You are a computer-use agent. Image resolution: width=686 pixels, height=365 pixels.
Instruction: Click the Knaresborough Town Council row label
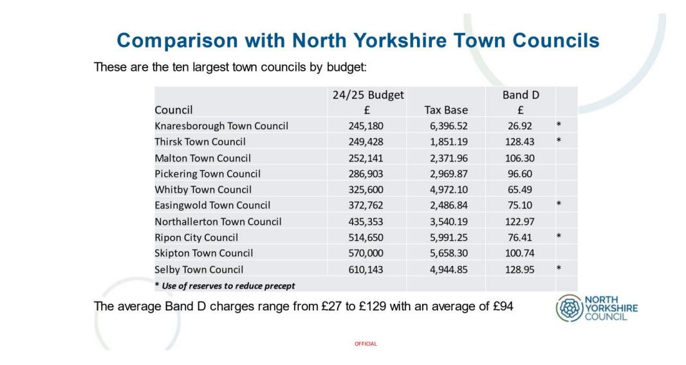pyautogui.click(x=221, y=126)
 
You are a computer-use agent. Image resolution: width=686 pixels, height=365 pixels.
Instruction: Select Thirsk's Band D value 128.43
pyautogui.click(x=520, y=141)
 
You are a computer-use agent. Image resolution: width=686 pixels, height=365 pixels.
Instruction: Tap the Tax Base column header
pyautogui.click(x=446, y=110)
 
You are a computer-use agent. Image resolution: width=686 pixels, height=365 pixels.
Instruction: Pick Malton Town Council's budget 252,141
pyautogui.click(x=366, y=158)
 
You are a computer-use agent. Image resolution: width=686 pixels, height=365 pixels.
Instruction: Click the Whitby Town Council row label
pyautogui.click(x=203, y=190)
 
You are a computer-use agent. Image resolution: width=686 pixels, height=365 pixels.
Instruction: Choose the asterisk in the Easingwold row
pyautogui.click(x=559, y=205)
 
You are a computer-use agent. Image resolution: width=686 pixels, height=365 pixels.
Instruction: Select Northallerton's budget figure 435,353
pyautogui.click(x=366, y=222)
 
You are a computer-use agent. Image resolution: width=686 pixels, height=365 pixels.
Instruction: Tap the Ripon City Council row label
pyautogui.click(x=196, y=237)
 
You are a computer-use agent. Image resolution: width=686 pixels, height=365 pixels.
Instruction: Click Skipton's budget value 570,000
pyautogui.click(x=366, y=253)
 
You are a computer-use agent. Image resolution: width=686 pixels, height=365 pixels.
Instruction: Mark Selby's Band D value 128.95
pyautogui.click(x=520, y=270)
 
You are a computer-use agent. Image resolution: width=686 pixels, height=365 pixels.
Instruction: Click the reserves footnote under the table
pyautogui.click(x=225, y=285)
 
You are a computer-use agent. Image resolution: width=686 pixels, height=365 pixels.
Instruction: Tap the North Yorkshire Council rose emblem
pyautogui.click(x=568, y=308)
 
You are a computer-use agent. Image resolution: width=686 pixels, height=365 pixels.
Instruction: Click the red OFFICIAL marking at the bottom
pyautogui.click(x=366, y=344)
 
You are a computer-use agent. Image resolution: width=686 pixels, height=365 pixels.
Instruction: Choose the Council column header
pyautogui.click(x=174, y=110)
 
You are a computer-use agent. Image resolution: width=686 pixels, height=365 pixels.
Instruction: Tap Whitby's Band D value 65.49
pyautogui.click(x=520, y=190)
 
